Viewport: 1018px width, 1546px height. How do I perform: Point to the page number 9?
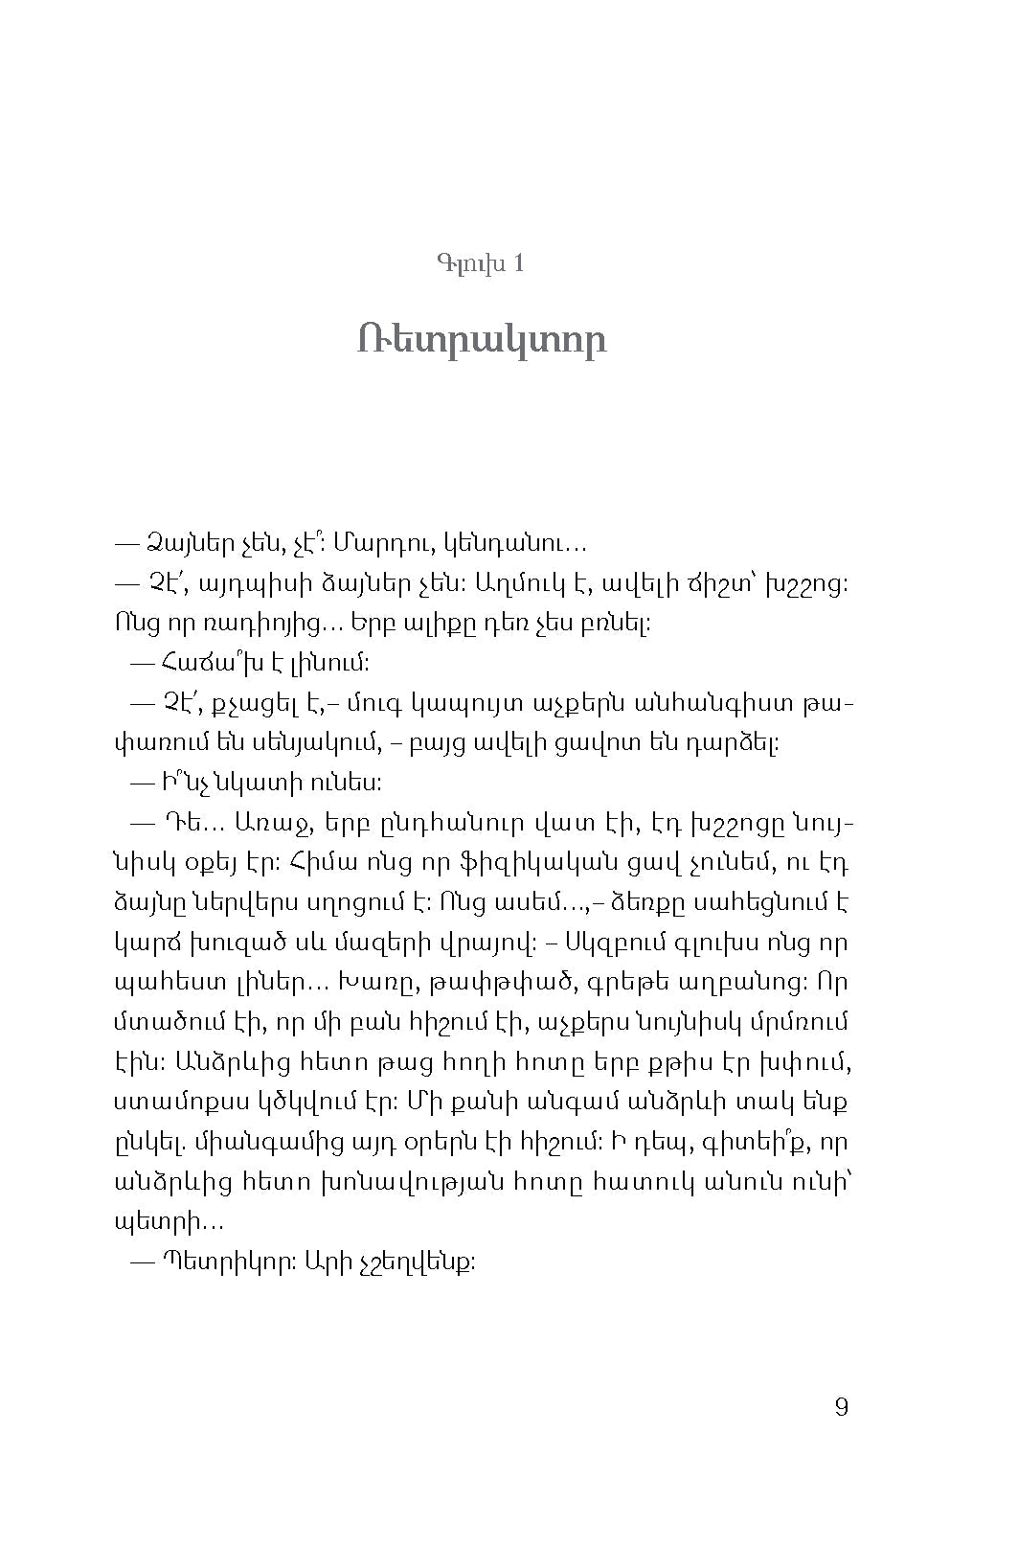pos(841,1407)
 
